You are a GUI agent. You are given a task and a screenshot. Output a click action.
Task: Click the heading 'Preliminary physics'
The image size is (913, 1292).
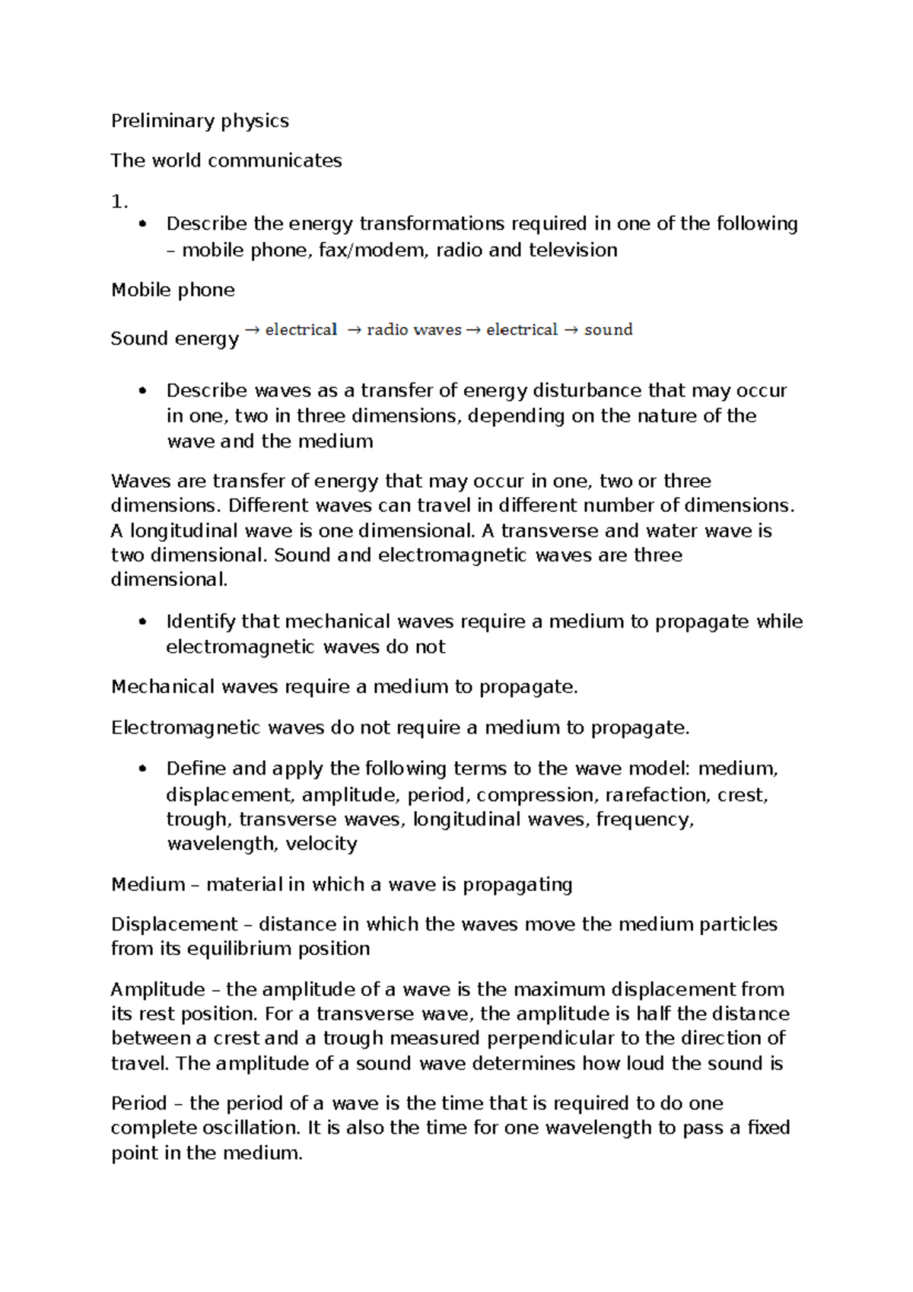(x=199, y=121)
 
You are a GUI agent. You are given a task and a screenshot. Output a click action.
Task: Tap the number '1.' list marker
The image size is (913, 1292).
(x=119, y=202)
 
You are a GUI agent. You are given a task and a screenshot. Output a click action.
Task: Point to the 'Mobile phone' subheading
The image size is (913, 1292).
(x=173, y=290)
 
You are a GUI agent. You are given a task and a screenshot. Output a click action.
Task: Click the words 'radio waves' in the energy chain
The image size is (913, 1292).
(x=414, y=329)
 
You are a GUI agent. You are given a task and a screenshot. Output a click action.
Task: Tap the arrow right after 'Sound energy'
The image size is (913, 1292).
(x=253, y=329)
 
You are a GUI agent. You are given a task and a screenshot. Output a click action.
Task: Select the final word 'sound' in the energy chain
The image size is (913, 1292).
(x=608, y=329)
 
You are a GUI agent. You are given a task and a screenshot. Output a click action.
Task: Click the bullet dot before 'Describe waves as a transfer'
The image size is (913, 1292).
(x=142, y=391)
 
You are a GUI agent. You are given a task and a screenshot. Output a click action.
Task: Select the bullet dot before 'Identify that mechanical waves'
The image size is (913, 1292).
(x=142, y=622)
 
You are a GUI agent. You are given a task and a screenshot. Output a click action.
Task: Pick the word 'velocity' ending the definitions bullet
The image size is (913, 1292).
(x=321, y=844)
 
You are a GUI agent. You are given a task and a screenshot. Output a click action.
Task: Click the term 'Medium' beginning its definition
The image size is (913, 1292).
(x=148, y=884)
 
